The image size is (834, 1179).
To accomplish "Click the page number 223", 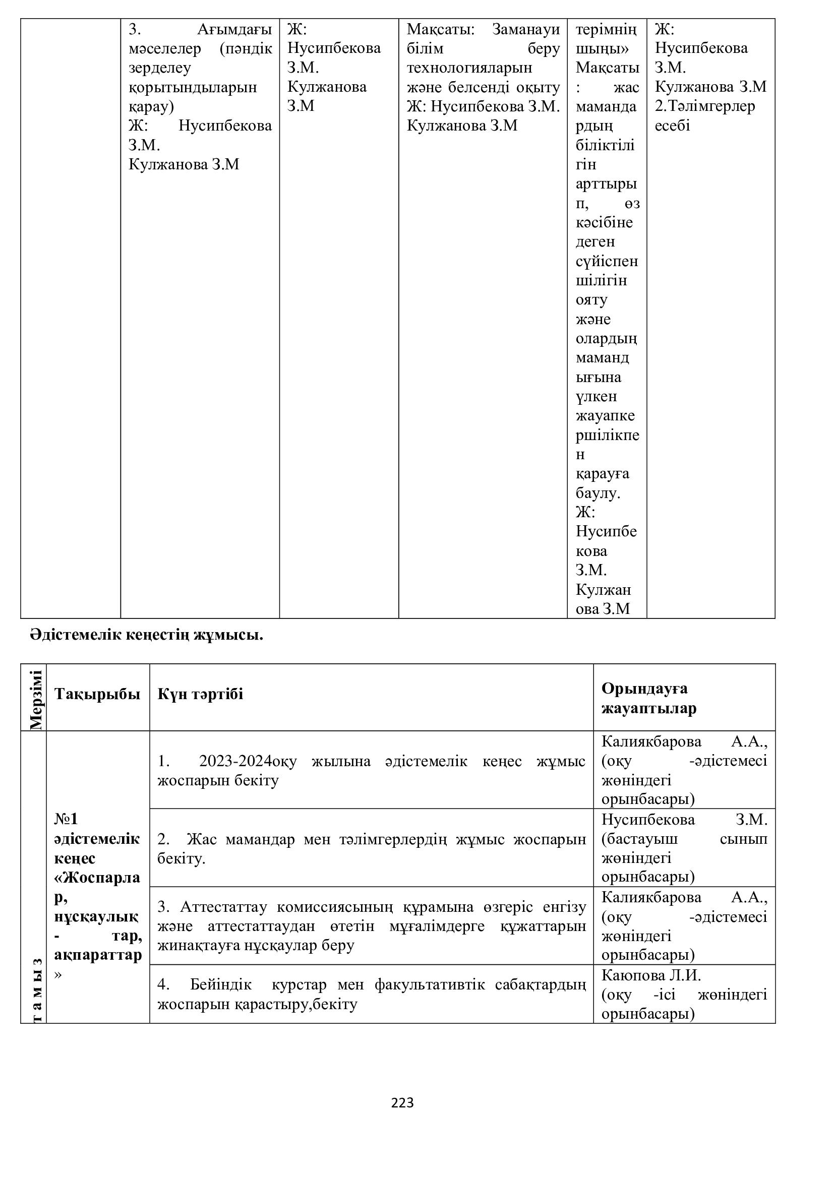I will coord(402,1102).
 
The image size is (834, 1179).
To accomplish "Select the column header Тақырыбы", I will coord(97,694).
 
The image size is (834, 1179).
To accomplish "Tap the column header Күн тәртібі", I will coord(200,694).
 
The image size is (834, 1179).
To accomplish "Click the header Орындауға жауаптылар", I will coord(648,698).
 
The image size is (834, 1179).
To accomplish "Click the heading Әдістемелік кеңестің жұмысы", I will coord(146,635).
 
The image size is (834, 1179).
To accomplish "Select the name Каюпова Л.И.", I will coord(650,975).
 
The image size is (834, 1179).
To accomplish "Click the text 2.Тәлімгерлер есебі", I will coord(704,115).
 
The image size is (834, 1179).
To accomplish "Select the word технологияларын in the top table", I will coord(469,67).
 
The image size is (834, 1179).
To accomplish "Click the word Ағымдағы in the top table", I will coord(234,29).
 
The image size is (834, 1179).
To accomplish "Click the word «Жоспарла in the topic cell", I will coord(97,878).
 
